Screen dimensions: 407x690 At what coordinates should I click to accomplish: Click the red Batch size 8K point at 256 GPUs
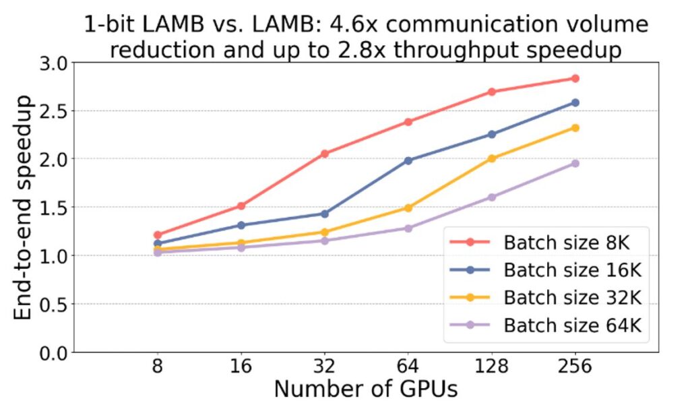pyautogui.click(x=575, y=78)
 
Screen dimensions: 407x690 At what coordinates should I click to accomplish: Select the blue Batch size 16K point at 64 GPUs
pyautogui.click(x=408, y=160)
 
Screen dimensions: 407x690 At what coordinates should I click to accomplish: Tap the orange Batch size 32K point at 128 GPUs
pyautogui.click(x=491, y=158)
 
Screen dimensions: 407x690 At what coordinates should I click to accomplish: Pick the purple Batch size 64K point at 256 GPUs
pyautogui.click(x=575, y=163)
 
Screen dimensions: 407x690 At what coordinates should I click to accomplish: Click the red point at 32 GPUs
pyautogui.click(x=324, y=154)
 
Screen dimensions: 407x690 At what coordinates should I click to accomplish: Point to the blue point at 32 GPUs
pyautogui.click(x=324, y=214)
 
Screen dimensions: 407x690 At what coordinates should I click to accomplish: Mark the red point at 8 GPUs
pyautogui.click(x=157, y=235)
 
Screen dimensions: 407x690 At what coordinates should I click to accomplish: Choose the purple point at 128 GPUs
pyautogui.click(x=491, y=197)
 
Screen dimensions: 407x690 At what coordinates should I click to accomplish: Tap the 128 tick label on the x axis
pyautogui.click(x=491, y=367)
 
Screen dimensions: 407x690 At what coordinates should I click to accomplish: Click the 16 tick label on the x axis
pyautogui.click(x=241, y=367)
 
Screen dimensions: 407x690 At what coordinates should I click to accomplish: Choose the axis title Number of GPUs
pyautogui.click(x=367, y=390)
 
